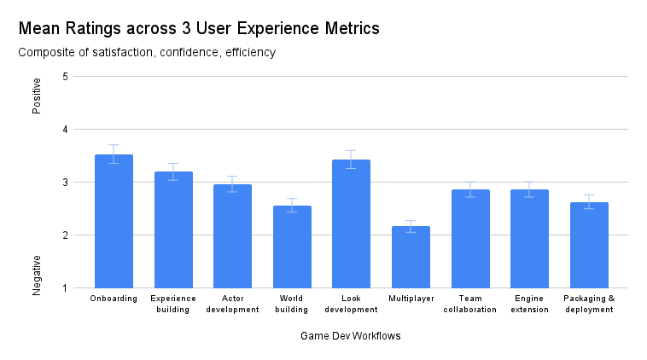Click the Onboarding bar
click(114, 222)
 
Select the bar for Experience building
click(173, 230)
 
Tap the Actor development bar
click(232, 236)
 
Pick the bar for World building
click(292, 247)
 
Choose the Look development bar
click(351, 224)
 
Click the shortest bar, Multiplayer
click(411, 257)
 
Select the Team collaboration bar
click(470, 239)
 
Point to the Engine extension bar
click(529, 239)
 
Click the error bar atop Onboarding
click(114, 154)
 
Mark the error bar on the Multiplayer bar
click(411, 226)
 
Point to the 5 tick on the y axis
click(66, 77)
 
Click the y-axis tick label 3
click(66, 183)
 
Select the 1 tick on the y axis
click(66, 288)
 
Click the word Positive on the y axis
click(37, 96)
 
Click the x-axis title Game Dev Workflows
click(350, 336)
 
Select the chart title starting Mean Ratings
click(198, 28)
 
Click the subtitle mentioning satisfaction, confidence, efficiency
click(147, 53)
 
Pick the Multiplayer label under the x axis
click(411, 299)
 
